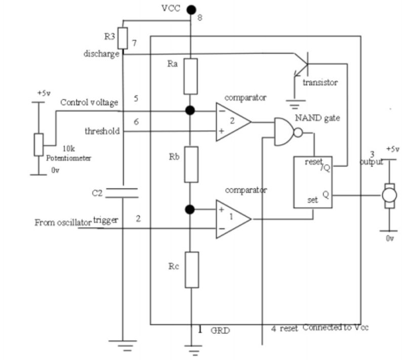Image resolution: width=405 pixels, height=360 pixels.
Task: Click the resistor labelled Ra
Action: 190,76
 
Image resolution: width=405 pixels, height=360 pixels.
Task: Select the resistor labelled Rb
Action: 190,164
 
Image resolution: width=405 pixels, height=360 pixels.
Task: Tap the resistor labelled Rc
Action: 190,269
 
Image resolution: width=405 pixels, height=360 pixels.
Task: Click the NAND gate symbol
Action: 284,132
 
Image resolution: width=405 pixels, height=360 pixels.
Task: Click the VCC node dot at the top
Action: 191,9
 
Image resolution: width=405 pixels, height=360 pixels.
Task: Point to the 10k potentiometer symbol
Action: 38,145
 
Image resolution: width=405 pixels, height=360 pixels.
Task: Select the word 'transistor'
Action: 319,82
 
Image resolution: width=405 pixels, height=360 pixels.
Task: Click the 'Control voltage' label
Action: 89,102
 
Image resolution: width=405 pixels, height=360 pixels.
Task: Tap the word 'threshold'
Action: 103,131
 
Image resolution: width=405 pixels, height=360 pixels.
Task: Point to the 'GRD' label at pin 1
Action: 220,330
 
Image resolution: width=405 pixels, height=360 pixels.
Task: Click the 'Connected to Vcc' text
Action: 335,328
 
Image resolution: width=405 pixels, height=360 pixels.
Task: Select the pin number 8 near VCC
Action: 199,19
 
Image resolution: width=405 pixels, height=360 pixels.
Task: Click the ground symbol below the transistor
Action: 294,105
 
